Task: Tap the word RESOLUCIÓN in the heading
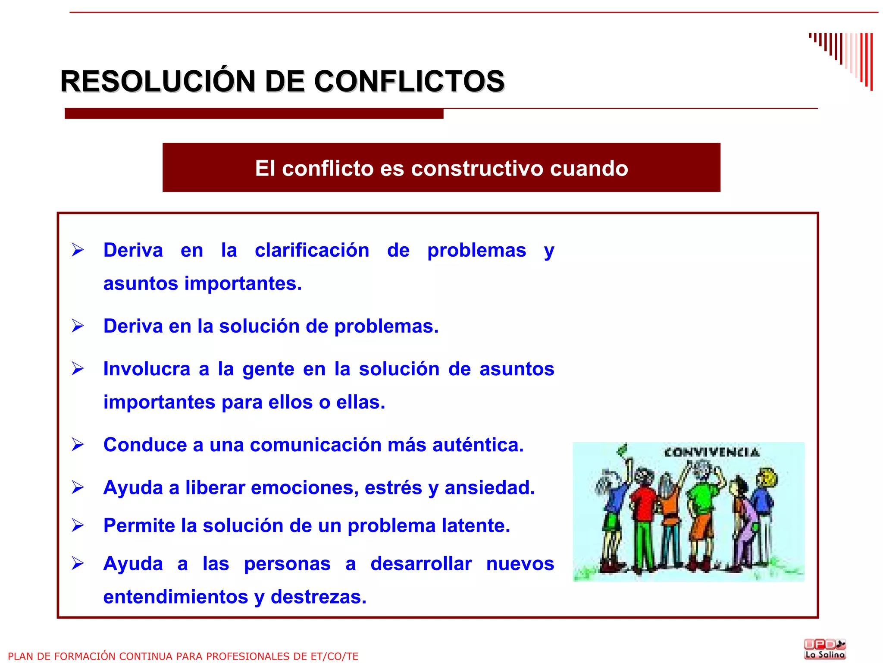[158, 81]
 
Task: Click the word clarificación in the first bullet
[312, 250]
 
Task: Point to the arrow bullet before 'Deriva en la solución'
[78, 326]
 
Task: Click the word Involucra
[147, 369]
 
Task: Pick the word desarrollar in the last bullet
[421, 564]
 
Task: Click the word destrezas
[318, 597]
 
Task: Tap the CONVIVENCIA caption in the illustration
[711, 452]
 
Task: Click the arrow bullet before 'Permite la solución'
[78, 525]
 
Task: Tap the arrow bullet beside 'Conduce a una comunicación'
[78, 444]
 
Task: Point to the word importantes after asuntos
[243, 284]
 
